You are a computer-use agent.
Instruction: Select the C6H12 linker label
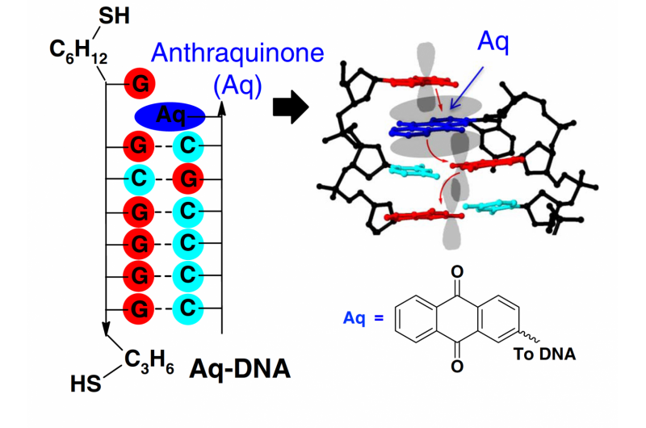click(x=78, y=50)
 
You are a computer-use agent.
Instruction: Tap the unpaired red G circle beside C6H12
click(x=140, y=83)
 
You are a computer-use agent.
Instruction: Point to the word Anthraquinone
click(x=238, y=53)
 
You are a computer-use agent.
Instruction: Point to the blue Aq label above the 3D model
click(x=493, y=40)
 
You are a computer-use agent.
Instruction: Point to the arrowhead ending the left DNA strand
click(x=106, y=330)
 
